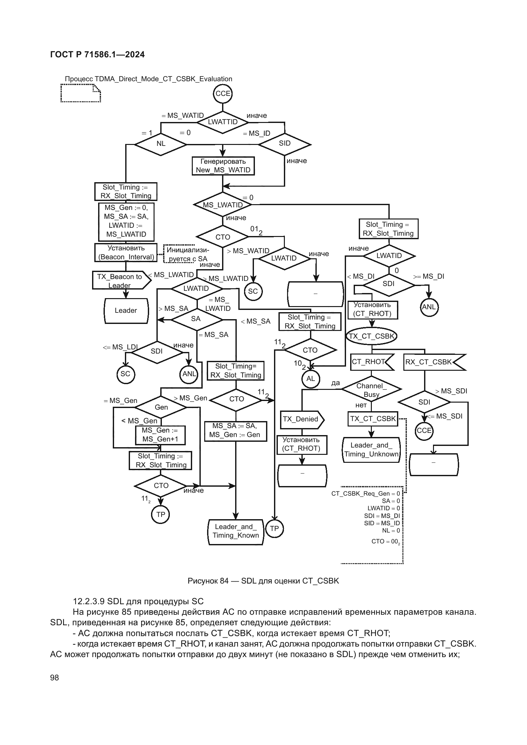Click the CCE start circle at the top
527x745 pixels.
coord(223,94)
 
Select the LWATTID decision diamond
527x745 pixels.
coord(223,122)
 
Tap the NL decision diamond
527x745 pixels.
coord(161,144)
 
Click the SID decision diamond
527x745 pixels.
coord(285,144)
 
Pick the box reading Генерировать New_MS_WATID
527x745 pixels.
coord(223,166)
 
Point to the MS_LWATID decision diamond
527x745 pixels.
coord(223,205)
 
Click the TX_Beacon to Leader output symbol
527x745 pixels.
coord(120,281)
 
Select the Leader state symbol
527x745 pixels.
coord(126,311)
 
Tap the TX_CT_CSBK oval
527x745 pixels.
coord(372,336)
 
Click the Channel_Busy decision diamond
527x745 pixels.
coord(371,389)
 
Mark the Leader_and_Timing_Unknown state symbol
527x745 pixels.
coord(371,450)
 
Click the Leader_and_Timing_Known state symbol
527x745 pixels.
coord(235,531)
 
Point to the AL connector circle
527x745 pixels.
coord(311,379)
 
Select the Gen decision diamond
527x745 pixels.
coord(161,407)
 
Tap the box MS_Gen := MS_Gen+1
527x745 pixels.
coord(160,435)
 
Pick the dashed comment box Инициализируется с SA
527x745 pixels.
coord(179,254)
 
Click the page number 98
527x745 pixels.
coord(54,677)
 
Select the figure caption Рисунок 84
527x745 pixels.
coord(263,581)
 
